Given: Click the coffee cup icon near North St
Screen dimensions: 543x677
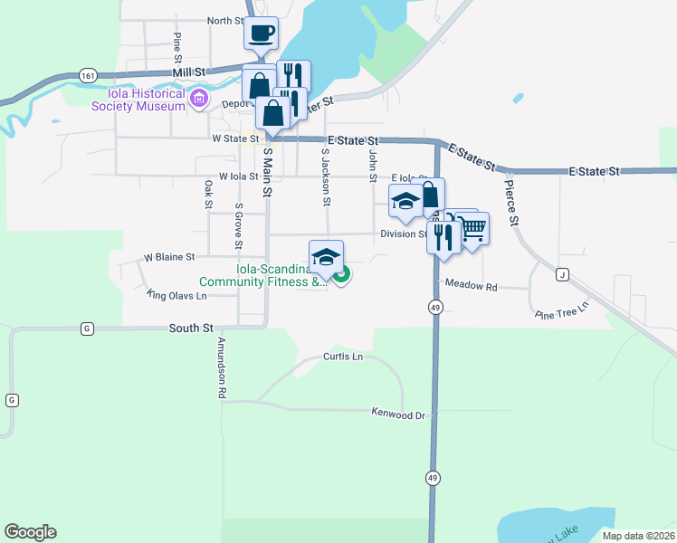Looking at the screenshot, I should point(261,34).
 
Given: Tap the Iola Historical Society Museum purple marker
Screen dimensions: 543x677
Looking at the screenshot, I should point(198,98).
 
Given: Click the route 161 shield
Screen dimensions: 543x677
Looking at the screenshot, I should point(88,75).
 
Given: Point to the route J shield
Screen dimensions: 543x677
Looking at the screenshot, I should point(562,275).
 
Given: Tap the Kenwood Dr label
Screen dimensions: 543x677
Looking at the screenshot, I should point(398,413).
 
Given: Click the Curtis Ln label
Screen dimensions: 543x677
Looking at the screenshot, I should point(343,357).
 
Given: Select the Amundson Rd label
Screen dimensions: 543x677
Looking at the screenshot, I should point(220,368).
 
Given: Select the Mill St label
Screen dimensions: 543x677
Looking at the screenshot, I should point(190,71).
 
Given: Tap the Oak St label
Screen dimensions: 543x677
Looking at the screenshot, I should point(207,195).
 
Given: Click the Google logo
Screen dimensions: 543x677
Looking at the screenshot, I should point(30,532).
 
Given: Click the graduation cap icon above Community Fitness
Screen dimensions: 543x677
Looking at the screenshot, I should point(326,256).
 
